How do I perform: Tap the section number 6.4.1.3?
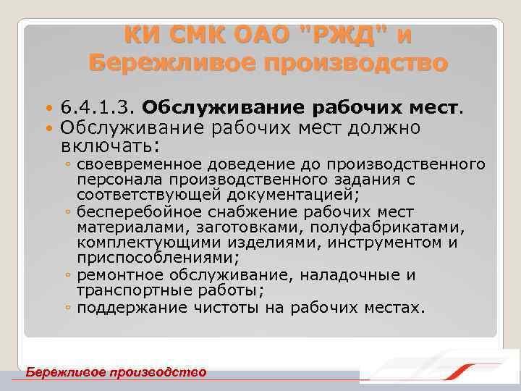tap(99, 109)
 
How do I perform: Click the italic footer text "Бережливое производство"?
tap(116, 372)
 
